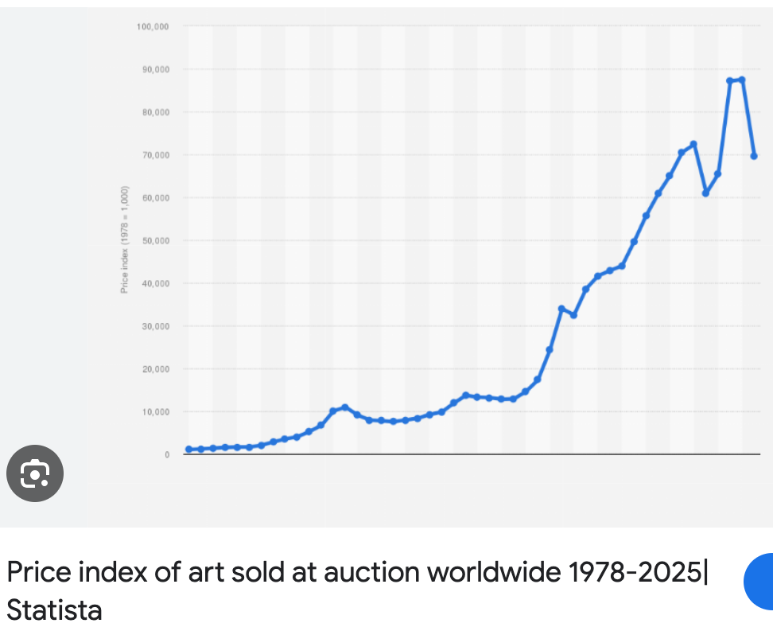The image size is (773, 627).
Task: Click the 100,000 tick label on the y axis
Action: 153,27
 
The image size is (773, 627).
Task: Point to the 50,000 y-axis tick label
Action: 154,241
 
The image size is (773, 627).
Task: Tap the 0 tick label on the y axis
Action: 166,455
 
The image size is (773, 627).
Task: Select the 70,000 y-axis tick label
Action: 154,155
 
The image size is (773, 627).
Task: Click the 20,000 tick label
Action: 154,369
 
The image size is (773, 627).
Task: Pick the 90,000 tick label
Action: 154,70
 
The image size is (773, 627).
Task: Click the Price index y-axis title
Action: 125,240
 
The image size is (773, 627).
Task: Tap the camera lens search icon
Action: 35,475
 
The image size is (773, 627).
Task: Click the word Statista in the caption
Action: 54,610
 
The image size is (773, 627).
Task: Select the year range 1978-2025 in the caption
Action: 638,572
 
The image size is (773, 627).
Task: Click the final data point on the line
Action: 754,156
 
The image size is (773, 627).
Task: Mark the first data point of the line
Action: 188,450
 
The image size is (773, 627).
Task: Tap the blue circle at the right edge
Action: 760,582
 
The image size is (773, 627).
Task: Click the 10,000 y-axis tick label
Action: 154,412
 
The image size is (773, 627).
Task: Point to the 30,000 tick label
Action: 154,326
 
